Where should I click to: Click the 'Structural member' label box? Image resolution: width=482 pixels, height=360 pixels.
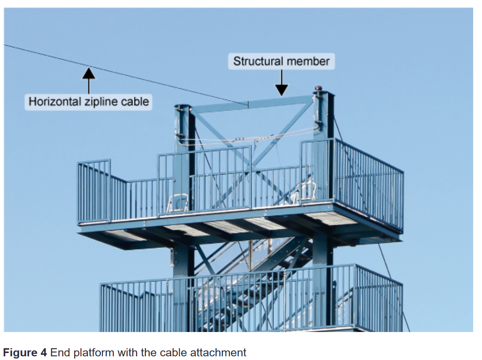pyautogui.click(x=281, y=61)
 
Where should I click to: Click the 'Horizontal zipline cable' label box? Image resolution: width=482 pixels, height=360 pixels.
pyautogui.click(x=88, y=102)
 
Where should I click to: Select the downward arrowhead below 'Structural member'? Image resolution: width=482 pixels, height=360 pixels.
pyautogui.click(x=282, y=90)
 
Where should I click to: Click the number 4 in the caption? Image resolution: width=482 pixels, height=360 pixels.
pyautogui.click(x=43, y=353)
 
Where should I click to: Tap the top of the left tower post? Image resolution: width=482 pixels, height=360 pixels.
pyautogui.click(x=183, y=107)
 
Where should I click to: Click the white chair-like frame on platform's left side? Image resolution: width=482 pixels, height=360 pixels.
pyautogui.click(x=178, y=203)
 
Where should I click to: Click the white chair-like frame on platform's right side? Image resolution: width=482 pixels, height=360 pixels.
pyautogui.click(x=305, y=192)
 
